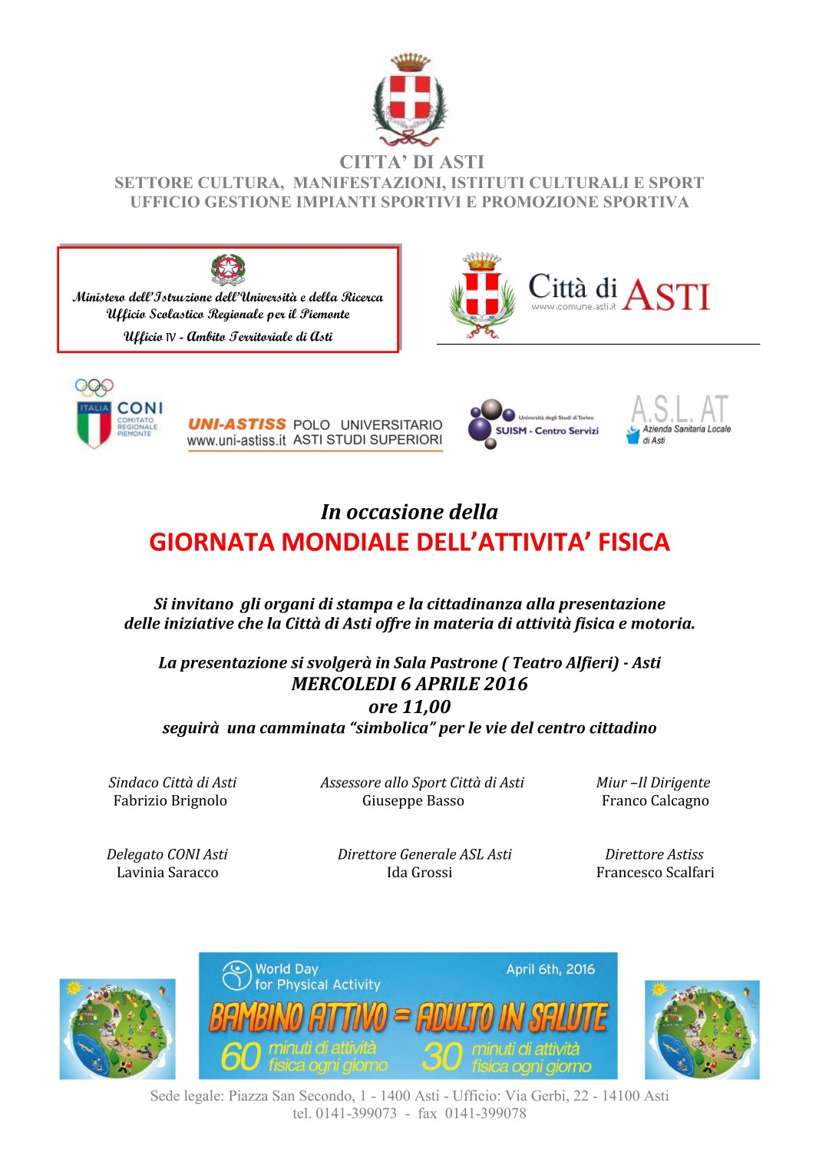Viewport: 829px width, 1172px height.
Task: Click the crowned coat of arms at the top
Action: pos(411,100)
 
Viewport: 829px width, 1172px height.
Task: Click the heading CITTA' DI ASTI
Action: pos(412,162)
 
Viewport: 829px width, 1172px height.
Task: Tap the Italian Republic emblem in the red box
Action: pos(228,269)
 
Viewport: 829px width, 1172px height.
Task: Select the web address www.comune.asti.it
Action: pos(573,307)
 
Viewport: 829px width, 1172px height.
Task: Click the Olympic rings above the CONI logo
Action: pos(94,388)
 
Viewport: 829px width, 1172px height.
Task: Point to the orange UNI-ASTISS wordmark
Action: pos(237,424)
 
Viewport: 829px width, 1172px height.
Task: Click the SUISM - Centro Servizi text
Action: pos(547,431)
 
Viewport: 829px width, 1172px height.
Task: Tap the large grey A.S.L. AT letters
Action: pos(679,409)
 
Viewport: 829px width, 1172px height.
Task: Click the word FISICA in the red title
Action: pos(634,543)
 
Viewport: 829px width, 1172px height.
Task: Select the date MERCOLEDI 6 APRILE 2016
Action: pos(409,684)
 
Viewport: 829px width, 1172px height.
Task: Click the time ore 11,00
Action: pos(409,707)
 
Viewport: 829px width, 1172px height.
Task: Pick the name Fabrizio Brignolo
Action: pos(170,801)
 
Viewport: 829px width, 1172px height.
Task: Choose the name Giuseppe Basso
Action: pos(413,801)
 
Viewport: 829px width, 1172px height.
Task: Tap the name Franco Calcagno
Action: pos(655,801)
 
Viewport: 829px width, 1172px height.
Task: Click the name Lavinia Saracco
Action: pos(167,873)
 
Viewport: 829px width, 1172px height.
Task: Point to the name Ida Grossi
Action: pos(419,873)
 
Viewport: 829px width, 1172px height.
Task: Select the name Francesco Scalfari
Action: pos(655,873)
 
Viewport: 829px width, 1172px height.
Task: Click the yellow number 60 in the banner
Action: pos(240,1057)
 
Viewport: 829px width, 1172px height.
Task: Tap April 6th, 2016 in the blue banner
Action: pos(550,969)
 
